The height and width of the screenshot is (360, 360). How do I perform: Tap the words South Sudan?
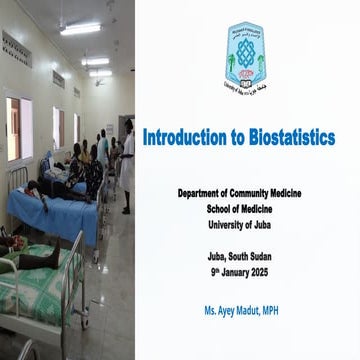(x=259, y=257)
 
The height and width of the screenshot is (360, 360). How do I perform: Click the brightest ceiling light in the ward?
(x=80, y=29)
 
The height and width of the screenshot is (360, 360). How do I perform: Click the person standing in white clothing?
(x=127, y=165)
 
